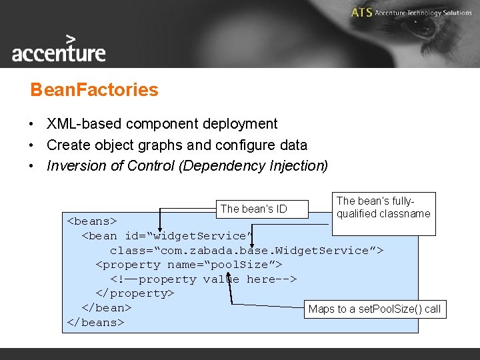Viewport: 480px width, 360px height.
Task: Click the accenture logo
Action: click(59, 49)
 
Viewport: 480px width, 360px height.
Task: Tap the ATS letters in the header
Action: click(361, 13)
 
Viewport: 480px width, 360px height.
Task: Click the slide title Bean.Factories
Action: click(94, 90)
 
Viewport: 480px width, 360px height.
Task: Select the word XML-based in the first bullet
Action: click(81, 124)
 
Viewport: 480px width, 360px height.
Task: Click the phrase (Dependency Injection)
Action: click(253, 166)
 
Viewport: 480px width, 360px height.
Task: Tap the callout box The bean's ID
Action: click(253, 209)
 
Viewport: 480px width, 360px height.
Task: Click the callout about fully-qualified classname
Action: click(383, 207)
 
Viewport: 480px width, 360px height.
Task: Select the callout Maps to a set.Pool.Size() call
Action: click(374, 309)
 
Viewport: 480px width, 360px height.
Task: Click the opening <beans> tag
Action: click(92, 221)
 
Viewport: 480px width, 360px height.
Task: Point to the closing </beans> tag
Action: click(95, 323)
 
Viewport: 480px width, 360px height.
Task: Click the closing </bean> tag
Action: click(106, 308)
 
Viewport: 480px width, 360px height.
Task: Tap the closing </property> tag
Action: click(135, 293)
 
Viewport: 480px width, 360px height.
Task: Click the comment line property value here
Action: click(203, 279)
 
